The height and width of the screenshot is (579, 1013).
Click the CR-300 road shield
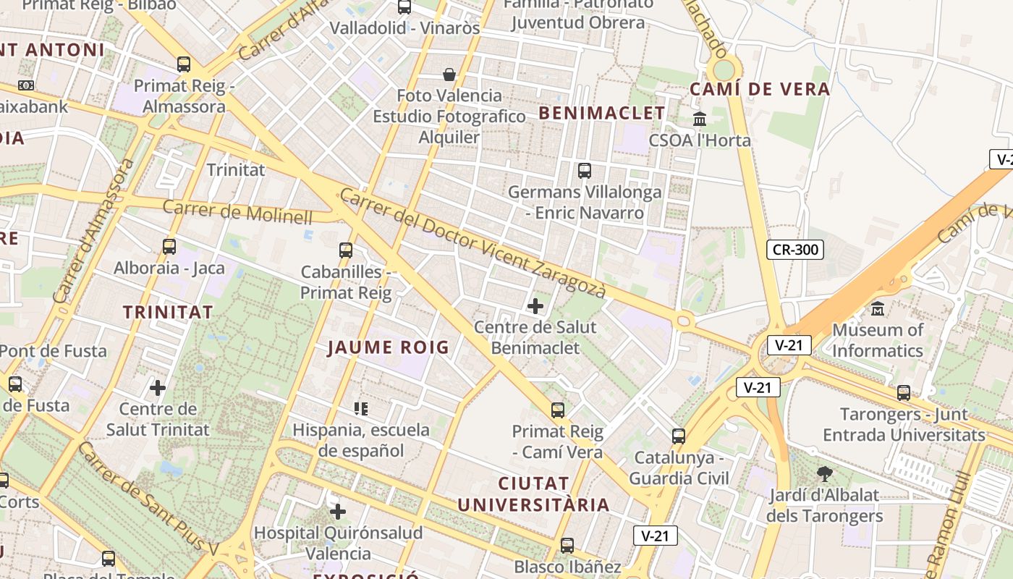point(795,250)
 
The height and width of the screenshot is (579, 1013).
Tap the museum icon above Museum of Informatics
point(878,308)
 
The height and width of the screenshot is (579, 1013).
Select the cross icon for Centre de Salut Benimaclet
point(535,306)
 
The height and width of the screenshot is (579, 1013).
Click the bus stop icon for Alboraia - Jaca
point(169,247)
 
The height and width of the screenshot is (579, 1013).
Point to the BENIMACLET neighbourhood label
point(601,113)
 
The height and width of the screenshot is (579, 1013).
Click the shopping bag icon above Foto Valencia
point(449,75)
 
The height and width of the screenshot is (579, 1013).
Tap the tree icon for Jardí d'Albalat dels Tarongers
point(823,475)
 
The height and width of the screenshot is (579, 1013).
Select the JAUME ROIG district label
point(389,347)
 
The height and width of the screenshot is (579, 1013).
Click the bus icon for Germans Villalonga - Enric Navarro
point(584,171)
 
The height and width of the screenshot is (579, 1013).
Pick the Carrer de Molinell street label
point(238,212)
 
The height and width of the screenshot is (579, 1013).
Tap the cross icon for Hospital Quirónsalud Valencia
point(337,512)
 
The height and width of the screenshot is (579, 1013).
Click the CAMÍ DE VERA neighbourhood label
point(760,90)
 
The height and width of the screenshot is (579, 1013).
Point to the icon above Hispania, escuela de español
point(361,409)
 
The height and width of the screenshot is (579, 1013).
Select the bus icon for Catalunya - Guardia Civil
point(678,436)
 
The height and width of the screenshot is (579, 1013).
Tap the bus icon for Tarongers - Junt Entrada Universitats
point(904,393)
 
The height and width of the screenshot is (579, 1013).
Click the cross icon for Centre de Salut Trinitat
point(158,388)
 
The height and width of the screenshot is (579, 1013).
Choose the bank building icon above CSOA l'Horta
point(700,119)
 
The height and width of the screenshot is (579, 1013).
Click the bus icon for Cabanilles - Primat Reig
point(346,250)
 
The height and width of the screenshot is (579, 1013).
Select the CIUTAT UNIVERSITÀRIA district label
point(534,494)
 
